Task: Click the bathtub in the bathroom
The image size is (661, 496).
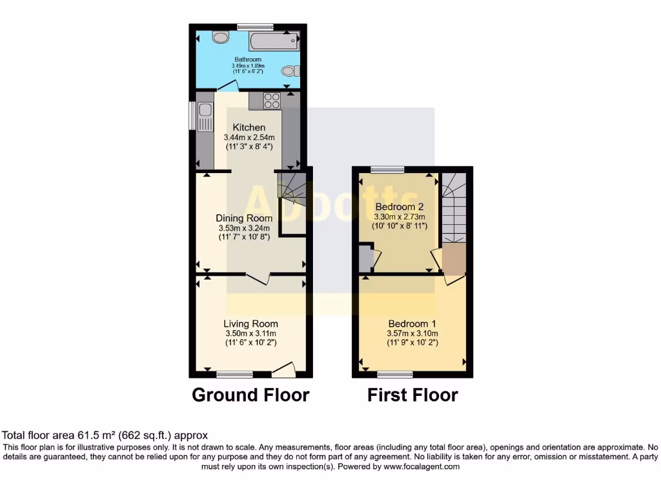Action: tap(274, 41)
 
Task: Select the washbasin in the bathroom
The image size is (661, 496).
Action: tap(220, 37)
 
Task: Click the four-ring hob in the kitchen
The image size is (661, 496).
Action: tap(271, 101)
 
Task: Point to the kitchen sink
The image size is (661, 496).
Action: tap(205, 118)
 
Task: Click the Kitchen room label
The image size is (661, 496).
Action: tap(249, 127)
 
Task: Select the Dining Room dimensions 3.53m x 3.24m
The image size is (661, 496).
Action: tap(244, 228)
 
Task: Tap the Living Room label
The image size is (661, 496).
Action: tap(250, 324)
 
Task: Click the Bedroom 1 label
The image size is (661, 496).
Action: tap(412, 324)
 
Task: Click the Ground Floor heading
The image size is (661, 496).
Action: tap(250, 395)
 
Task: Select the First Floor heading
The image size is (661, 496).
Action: tap(412, 395)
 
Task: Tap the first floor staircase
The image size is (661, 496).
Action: tap(454, 207)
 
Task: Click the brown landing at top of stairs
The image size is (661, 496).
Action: tap(454, 258)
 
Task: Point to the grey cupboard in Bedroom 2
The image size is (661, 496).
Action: tap(365, 258)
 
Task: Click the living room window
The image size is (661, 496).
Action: tap(234, 374)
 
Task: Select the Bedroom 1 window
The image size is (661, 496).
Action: tap(395, 374)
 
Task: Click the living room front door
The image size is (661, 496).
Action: tap(284, 370)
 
